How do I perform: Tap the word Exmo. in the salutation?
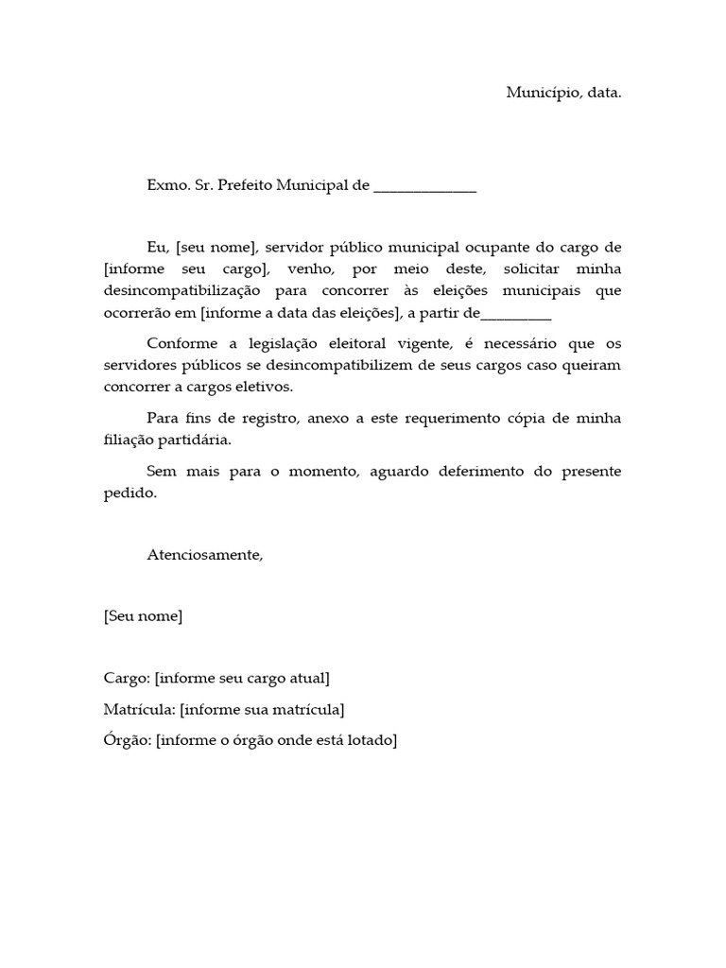(x=167, y=186)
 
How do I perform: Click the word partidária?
(x=198, y=441)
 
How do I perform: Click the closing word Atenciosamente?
(x=205, y=555)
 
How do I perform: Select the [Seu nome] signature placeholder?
(x=143, y=616)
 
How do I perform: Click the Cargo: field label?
(x=127, y=679)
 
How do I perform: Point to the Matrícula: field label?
(x=139, y=710)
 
